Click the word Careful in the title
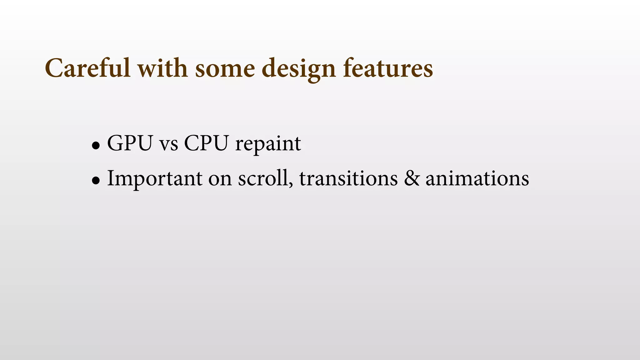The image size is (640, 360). click(87, 68)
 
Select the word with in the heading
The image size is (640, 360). click(162, 68)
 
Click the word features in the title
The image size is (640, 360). click(388, 68)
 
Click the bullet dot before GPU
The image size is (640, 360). click(96, 145)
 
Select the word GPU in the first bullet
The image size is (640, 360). click(130, 143)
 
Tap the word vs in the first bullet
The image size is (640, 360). click(169, 144)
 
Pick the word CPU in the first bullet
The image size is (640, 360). click(206, 143)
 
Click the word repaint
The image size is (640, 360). click(268, 144)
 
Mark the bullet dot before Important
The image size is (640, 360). click(96, 180)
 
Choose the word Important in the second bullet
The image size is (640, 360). click(155, 179)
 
